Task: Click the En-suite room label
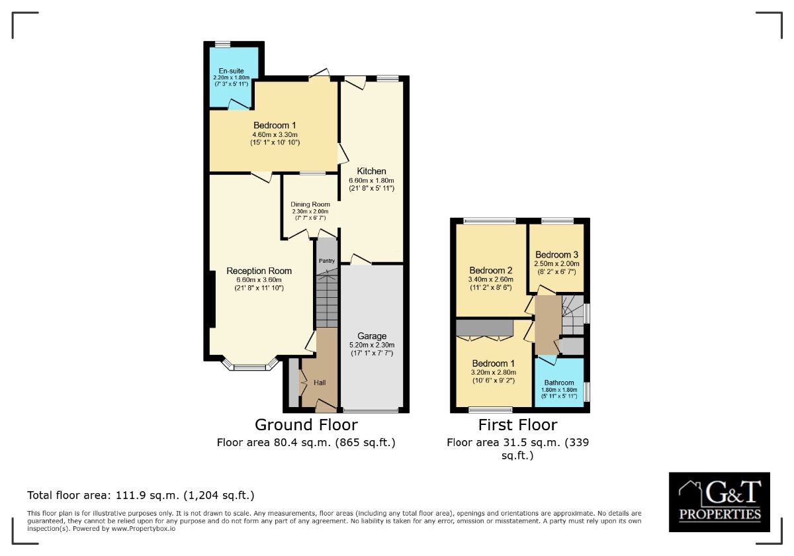point(231,71)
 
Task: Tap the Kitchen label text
point(371,171)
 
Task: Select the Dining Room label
point(310,205)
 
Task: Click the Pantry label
point(326,261)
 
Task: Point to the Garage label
point(371,336)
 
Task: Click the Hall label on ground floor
point(320,383)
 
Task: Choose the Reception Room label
point(259,271)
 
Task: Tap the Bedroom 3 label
point(556,255)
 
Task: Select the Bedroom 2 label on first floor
point(490,271)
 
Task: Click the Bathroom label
point(559,383)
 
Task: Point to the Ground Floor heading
point(306,425)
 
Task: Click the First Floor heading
point(517,425)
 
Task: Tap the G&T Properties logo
point(719,502)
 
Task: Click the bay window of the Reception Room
point(250,366)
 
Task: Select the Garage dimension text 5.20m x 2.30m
point(371,345)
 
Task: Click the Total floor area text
point(141,495)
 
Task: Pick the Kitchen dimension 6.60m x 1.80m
point(371,180)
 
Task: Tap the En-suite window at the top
point(222,44)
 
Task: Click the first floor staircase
point(572,314)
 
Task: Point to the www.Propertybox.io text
point(144,529)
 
